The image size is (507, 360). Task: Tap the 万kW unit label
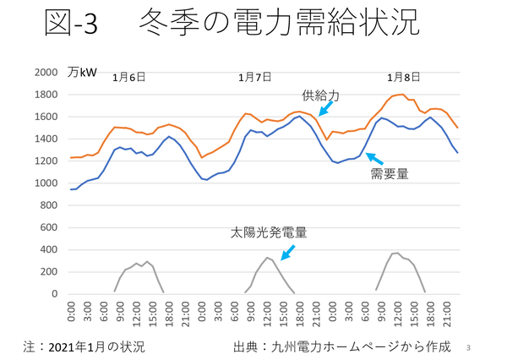pos(83,72)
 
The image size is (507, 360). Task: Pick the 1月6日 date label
pos(129,77)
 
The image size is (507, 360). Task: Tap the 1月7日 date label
pos(254,77)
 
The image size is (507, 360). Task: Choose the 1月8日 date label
pos(403,77)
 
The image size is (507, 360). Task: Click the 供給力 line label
pos(320,96)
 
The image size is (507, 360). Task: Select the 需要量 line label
pos(390,174)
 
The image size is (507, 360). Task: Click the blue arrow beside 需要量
pos(373,158)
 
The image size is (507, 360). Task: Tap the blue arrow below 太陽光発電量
pos(289,251)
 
